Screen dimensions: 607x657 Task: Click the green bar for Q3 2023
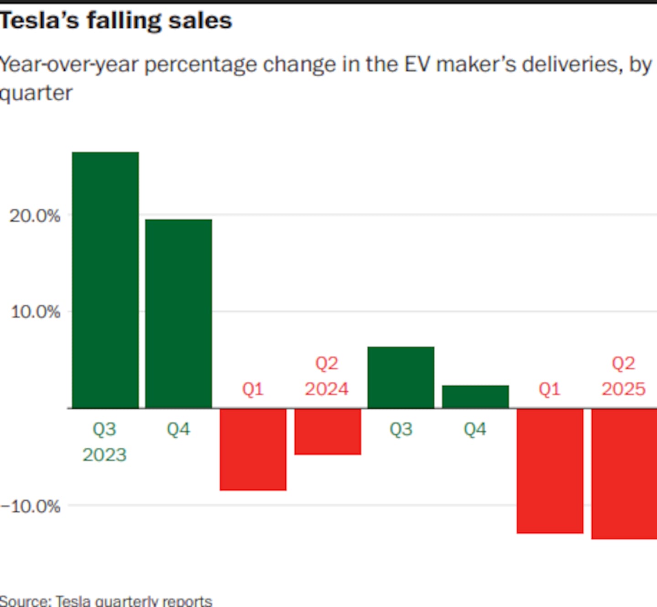coord(105,280)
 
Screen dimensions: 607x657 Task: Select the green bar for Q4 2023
coord(178,314)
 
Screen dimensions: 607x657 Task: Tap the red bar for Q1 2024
coord(253,449)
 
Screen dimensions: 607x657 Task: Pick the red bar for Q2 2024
coord(328,431)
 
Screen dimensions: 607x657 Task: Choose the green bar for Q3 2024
coord(401,377)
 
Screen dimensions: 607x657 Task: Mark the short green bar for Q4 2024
coord(475,397)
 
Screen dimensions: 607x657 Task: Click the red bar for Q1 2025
coord(550,471)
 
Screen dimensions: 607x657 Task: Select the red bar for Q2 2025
coord(624,474)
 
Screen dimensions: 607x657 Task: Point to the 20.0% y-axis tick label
coord(35,216)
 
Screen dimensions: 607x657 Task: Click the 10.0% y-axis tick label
coord(35,312)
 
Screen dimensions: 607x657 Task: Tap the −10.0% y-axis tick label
coord(30,506)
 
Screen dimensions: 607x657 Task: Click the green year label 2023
coord(104,455)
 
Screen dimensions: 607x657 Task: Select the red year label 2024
coord(327,389)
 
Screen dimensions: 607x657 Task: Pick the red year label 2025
coord(623,389)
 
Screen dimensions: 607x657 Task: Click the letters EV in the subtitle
coord(417,64)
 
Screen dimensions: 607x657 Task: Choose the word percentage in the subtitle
coord(201,65)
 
